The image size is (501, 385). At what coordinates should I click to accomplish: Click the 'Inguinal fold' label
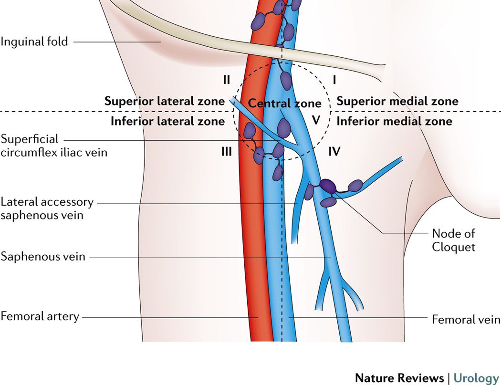pyautogui.click(x=34, y=42)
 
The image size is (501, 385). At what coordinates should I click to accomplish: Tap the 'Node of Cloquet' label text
pyautogui.click(x=453, y=240)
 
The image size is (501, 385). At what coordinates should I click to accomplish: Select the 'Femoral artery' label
pyautogui.click(x=40, y=316)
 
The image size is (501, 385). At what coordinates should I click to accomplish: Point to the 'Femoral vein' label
pyautogui.click(x=466, y=319)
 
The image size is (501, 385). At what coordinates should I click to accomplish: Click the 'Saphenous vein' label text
pyautogui.click(x=43, y=257)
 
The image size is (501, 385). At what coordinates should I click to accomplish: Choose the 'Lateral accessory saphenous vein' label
pyautogui.click(x=47, y=208)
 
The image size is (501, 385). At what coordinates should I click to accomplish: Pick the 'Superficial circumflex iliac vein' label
pyautogui.click(x=54, y=146)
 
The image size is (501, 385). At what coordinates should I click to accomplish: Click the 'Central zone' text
pyautogui.click(x=284, y=103)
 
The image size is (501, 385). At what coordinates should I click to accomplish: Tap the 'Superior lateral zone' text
pyautogui.click(x=164, y=101)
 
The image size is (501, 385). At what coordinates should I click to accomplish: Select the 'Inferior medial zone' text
pyautogui.click(x=394, y=121)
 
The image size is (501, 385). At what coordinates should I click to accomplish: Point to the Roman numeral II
pyautogui.click(x=227, y=80)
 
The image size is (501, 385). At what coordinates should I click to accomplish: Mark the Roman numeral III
pyautogui.click(x=226, y=152)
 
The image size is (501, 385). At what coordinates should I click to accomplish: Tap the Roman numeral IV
pyautogui.click(x=334, y=152)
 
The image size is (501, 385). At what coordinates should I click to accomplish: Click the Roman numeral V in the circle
pyautogui.click(x=315, y=120)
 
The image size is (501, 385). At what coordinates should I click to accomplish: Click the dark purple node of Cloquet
pyautogui.click(x=328, y=186)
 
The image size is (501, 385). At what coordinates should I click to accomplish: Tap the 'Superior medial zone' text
pyautogui.click(x=397, y=101)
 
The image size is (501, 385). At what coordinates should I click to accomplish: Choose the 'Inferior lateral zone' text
pyautogui.click(x=167, y=121)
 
